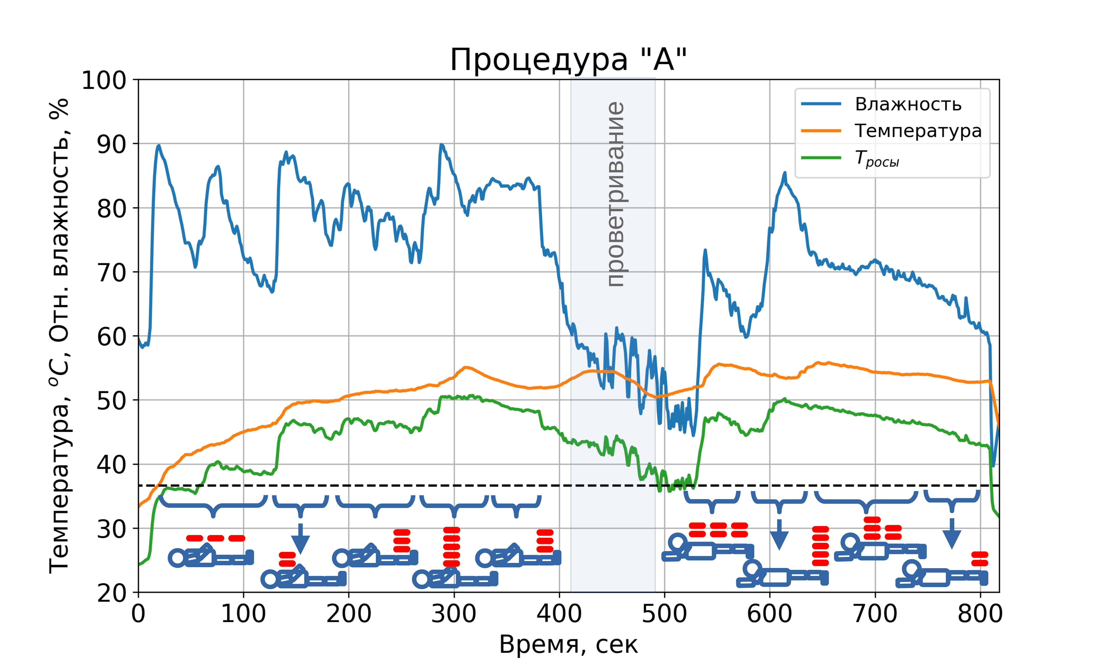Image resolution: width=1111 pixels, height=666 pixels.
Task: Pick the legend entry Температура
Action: pyautogui.click(x=917, y=131)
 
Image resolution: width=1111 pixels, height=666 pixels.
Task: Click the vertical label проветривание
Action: pyautogui.click(x=615, y=194)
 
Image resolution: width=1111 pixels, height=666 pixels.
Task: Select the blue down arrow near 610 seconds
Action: pyautogui.click(x=779, y=534)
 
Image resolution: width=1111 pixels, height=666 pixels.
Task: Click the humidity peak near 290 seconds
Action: pyautogui.click(x=441, y=145)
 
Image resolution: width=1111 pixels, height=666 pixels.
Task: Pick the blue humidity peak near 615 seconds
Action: pyautogui.click(x=785, y=173)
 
